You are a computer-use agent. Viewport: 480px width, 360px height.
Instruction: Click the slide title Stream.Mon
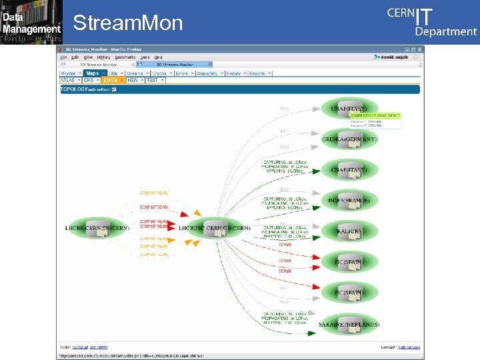tap(127, 23)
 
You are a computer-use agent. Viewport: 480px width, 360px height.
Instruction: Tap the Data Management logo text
tap(31, 23)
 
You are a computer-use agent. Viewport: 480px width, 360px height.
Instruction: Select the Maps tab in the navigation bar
tap(93, 73)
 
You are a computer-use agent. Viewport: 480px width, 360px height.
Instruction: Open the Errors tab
tap(182, 73)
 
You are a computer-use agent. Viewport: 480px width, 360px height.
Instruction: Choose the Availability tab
tap(207, 73)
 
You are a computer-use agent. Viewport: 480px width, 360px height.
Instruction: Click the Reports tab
tap(257, 73)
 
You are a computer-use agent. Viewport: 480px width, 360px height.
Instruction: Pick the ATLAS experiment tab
tap(69, 80)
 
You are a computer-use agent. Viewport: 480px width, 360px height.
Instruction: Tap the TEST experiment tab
tap(153, 80)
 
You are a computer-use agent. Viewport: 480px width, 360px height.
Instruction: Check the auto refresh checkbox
tap(114, 89)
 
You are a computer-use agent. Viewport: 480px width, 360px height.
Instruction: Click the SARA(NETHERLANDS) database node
tap(349, 323)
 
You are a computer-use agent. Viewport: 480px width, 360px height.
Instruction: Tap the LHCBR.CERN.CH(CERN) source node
tap(97, 229)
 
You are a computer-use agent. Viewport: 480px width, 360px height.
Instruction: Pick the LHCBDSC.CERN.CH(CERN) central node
tap(214, 229)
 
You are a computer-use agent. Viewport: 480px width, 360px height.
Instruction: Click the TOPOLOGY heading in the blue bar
tap(74, 89)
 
